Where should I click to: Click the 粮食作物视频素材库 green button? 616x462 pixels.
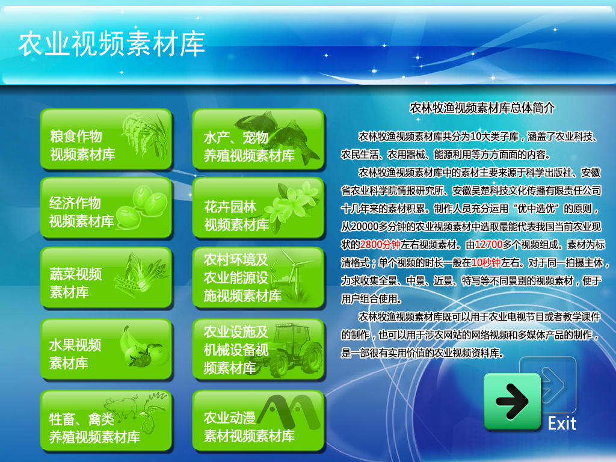tap(106, 140)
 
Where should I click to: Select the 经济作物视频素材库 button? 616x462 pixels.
tap(106, 208)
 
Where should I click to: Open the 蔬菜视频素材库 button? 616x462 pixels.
tap(106, 277)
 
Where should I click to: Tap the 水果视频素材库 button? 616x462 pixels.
tap(106, 350)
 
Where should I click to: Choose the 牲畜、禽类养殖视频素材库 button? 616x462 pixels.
tap(106, 420)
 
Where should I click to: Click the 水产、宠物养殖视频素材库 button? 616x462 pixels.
tap(258, 140)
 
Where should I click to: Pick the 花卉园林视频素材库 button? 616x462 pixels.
tap(258, 208)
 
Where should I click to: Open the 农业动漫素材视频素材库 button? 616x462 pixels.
tap(258, 420)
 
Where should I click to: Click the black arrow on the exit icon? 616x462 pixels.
tap(511, 401)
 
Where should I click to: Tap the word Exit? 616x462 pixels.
tap(562, 423)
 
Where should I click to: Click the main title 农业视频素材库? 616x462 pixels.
tap(111, 43)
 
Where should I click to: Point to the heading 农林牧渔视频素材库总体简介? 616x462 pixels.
tap(482, 108)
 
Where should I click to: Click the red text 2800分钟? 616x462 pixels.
tap(380, 245)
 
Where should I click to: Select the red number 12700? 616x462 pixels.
tap(488, 245)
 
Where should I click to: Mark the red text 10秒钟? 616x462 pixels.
tap(486, 262)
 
